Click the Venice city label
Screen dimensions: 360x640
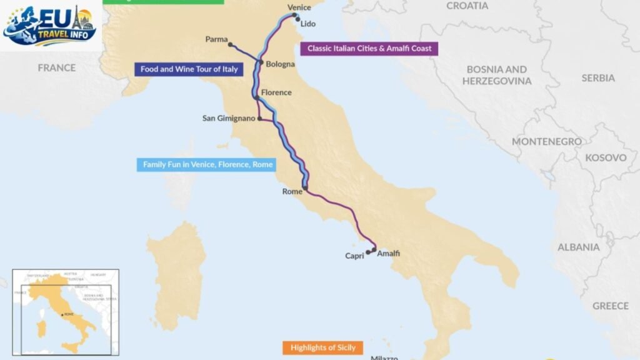click(x=299, y=7)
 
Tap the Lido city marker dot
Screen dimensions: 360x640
click(x=298, y=19)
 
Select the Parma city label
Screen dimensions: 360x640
click(x=216, y=39)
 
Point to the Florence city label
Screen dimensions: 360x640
click(x=276, y=92)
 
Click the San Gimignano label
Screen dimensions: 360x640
click(x=229, y=118)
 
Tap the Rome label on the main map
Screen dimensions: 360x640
click(x=292, y=191)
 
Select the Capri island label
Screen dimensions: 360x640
click(x=354, y=256)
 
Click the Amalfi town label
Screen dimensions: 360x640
click(x=388, y=253)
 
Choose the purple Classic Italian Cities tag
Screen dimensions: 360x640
click(x=369, y=48)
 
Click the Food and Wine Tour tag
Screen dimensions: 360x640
click(x=189, y=69)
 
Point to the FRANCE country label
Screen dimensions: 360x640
click(x=56, y=67)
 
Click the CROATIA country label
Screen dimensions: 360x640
click(x=467, y=6)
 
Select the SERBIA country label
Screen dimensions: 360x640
click(x=597, y=78)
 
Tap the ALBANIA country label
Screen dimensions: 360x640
click(x=578, y=247)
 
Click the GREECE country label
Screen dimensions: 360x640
click(x=610, y=306)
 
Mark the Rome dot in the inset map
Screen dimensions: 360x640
click(x=62, y=314)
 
